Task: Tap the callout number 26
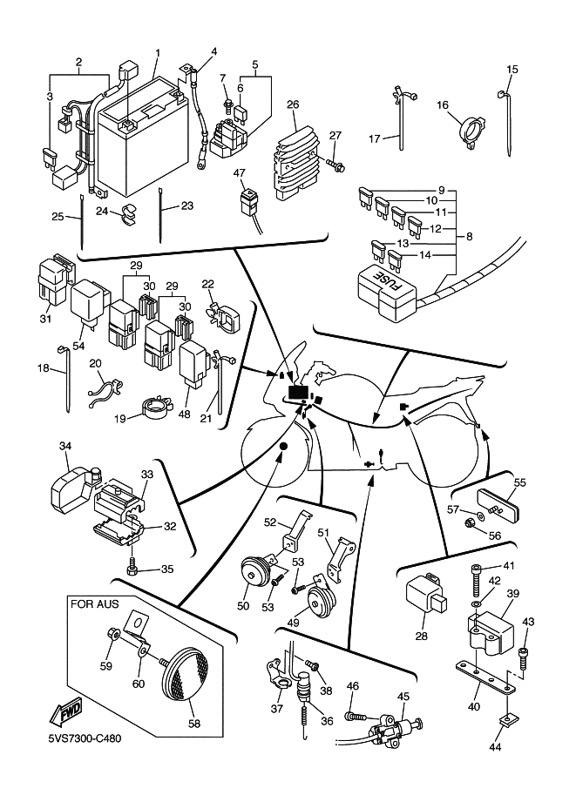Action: click(293, 105)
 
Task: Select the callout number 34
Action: click(64, 447)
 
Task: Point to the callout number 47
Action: click(239, 173)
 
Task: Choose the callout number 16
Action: click(443, 105)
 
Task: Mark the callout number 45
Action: click(403, 696)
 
